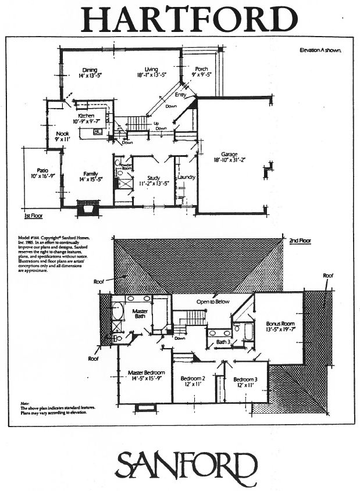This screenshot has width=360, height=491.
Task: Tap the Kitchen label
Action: tap(86, 116)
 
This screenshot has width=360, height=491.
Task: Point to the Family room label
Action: tap(90, 173)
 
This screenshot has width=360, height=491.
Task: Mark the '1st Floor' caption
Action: tap(34, 216)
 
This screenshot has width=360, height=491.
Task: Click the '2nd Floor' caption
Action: tap(300, 240)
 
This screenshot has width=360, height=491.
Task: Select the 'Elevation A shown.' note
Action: tap(320, 50)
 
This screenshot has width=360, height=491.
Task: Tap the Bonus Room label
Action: tap(278, 323)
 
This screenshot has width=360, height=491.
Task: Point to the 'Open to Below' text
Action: tap(213, 302)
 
